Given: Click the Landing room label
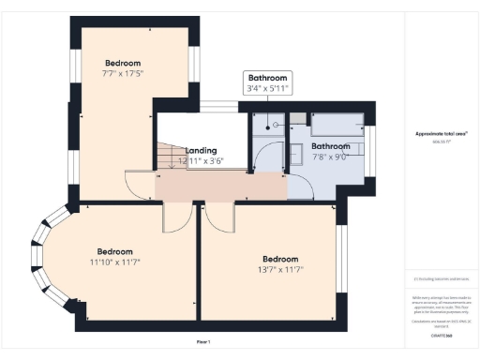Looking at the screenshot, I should click(x=202, y=150).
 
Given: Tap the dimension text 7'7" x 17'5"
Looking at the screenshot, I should click(x=122, y=72).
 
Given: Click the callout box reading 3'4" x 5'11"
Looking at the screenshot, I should click(x=267, y=89).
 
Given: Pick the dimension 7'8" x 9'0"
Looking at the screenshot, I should click(x=330, y=157).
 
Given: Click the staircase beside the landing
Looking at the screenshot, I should click(x=169, y=155).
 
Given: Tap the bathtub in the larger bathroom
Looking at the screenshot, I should click(x=337, y=126).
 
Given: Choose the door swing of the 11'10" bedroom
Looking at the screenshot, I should click(x=175, y=217).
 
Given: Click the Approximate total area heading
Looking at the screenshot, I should click(x=441, y=134).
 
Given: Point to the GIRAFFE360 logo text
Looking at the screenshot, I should click(x=442, y=334).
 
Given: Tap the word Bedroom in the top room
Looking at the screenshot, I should click(x=121, y=61).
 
